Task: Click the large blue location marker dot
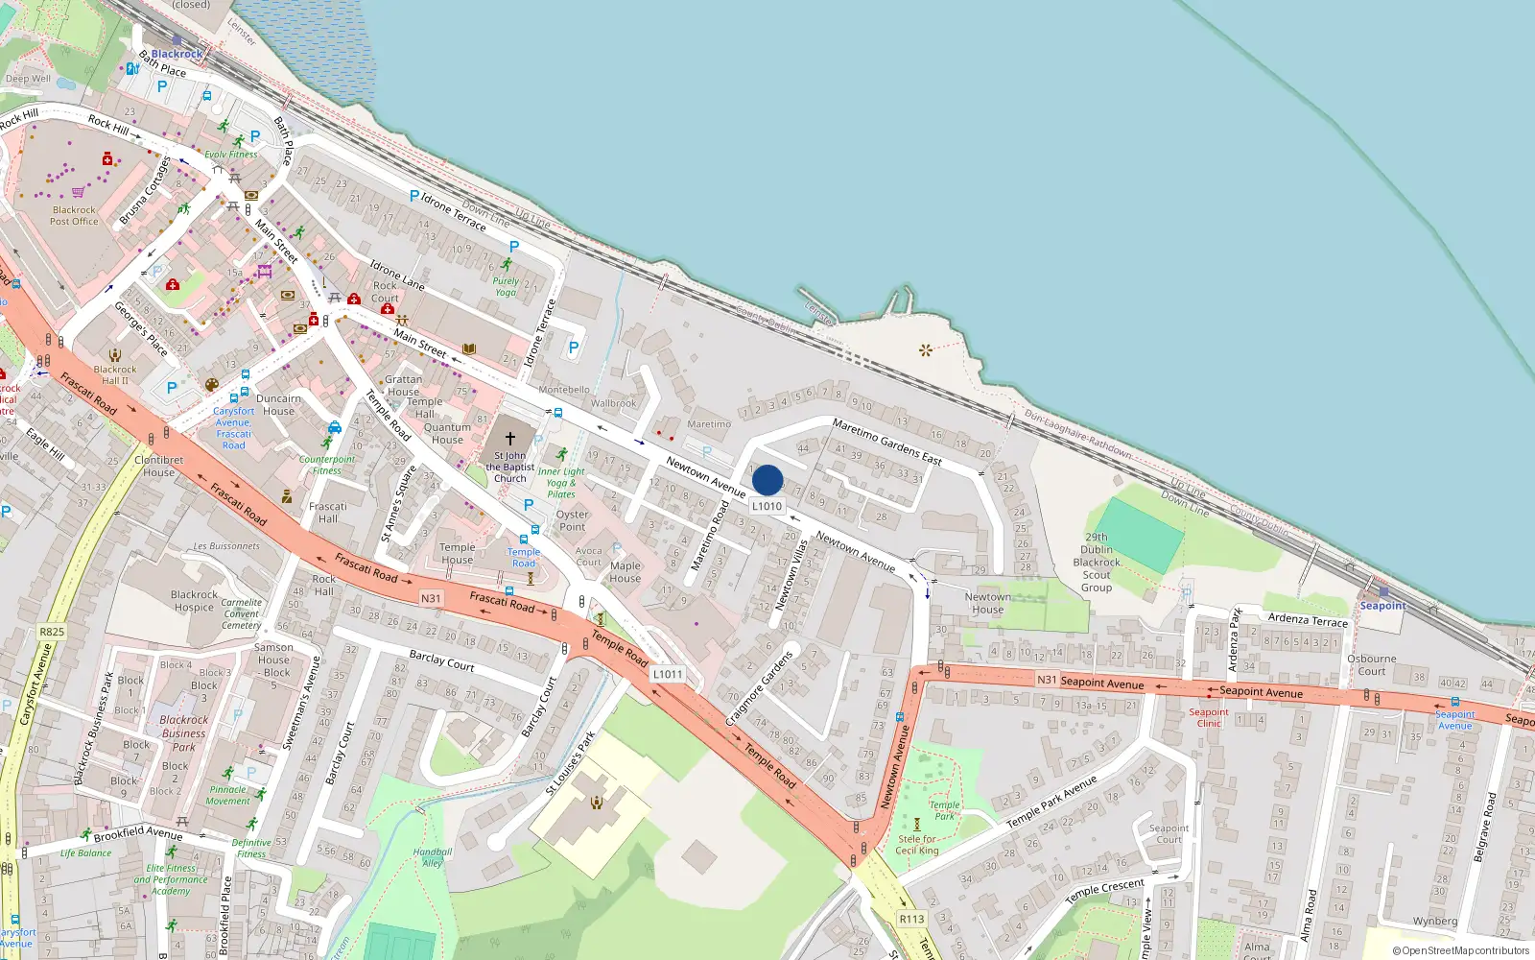tap(767, 480)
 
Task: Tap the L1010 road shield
tap(767, 506)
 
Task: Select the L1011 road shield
tap(668, 674)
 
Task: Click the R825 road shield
tap(52, 632)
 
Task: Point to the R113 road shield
tap(911, 919)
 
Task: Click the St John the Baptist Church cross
tap(510, 438)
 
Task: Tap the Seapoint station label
tap(1382, 606)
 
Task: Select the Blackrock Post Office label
tap(74, 215)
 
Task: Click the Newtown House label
tap(987, 603)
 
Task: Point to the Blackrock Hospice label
tap(194, 601)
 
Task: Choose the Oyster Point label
tap(572, 520)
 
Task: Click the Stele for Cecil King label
tap(917, 845)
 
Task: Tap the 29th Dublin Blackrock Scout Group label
tap(1097, 563)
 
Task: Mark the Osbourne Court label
tap(1371, 664)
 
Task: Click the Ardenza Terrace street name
tap(1308, 620)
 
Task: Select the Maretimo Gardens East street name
tap(886, 442)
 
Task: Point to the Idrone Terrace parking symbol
tap(414, 196)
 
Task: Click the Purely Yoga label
tap(506, 287)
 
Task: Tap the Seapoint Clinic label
tap(1209, 717)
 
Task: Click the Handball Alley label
tap(433, 856)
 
